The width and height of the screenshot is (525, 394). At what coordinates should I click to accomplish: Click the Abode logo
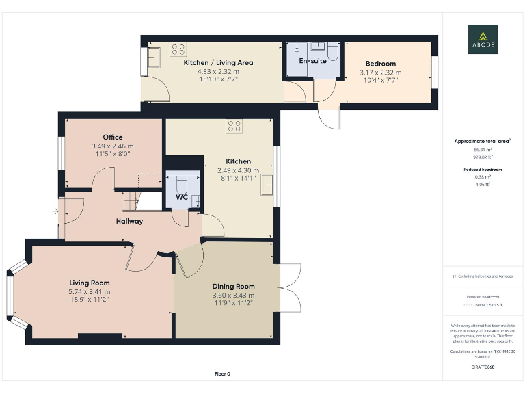[483, 39]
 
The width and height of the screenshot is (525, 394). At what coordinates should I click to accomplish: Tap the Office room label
[113, 137]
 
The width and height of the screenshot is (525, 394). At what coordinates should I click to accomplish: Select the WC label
[182, 197]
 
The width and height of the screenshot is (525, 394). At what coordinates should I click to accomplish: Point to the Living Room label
[90, 283]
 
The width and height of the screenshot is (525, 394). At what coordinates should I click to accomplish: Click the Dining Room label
[234, 286]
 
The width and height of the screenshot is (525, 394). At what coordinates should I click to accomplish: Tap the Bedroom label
[381, 64]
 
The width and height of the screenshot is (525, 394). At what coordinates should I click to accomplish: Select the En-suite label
[314, 61]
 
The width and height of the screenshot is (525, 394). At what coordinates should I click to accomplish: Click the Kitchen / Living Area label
[219, 62]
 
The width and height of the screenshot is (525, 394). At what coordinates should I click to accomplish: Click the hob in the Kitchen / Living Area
[178, 49]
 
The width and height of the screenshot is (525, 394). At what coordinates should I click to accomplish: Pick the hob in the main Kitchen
[234, 126]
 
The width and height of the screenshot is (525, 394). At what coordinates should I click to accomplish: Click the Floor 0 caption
[223, 374]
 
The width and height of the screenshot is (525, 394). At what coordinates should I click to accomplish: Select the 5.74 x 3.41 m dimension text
[90, 291]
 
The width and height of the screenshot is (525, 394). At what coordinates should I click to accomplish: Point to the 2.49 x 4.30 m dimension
[239, 170]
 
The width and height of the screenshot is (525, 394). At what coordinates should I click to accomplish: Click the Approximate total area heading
[483, 141]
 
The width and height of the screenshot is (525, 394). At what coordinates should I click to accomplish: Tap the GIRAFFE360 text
[483, 367]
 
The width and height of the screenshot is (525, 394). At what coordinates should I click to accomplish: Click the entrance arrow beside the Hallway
[55, 211]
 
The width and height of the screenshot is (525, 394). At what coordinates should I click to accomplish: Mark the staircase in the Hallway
[131, 200]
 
